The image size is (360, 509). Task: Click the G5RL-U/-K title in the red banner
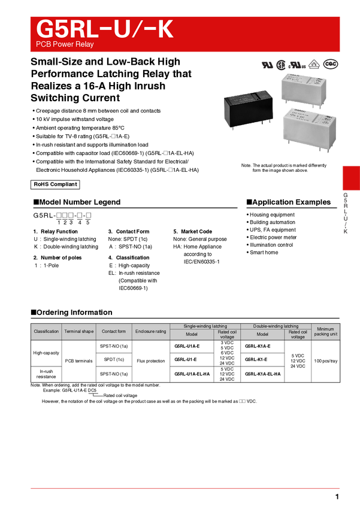coord(105,29)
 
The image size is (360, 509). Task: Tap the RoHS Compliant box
coord(55,184)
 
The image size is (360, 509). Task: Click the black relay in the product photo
coord(249,110)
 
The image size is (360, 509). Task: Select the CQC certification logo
coord(331,64)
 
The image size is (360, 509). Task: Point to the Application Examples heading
coord(289,202)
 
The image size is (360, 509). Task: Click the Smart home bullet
coord(262,253)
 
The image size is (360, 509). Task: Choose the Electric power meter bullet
coord(271,237)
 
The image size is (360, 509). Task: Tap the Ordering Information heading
coord(71,312)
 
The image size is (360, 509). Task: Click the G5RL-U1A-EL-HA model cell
coord(192,374)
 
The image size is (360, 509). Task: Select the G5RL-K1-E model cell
coord(262,359)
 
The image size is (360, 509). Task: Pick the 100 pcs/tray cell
coord(326,361)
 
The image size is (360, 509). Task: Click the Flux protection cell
coord(151,361)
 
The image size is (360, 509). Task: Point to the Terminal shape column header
coord(79,331)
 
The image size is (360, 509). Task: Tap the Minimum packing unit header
coord(326,331)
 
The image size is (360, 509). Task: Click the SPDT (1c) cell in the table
coord(114,359)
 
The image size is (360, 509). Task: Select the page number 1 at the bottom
coord(337,496)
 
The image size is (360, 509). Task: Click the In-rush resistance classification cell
coord(46,374)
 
